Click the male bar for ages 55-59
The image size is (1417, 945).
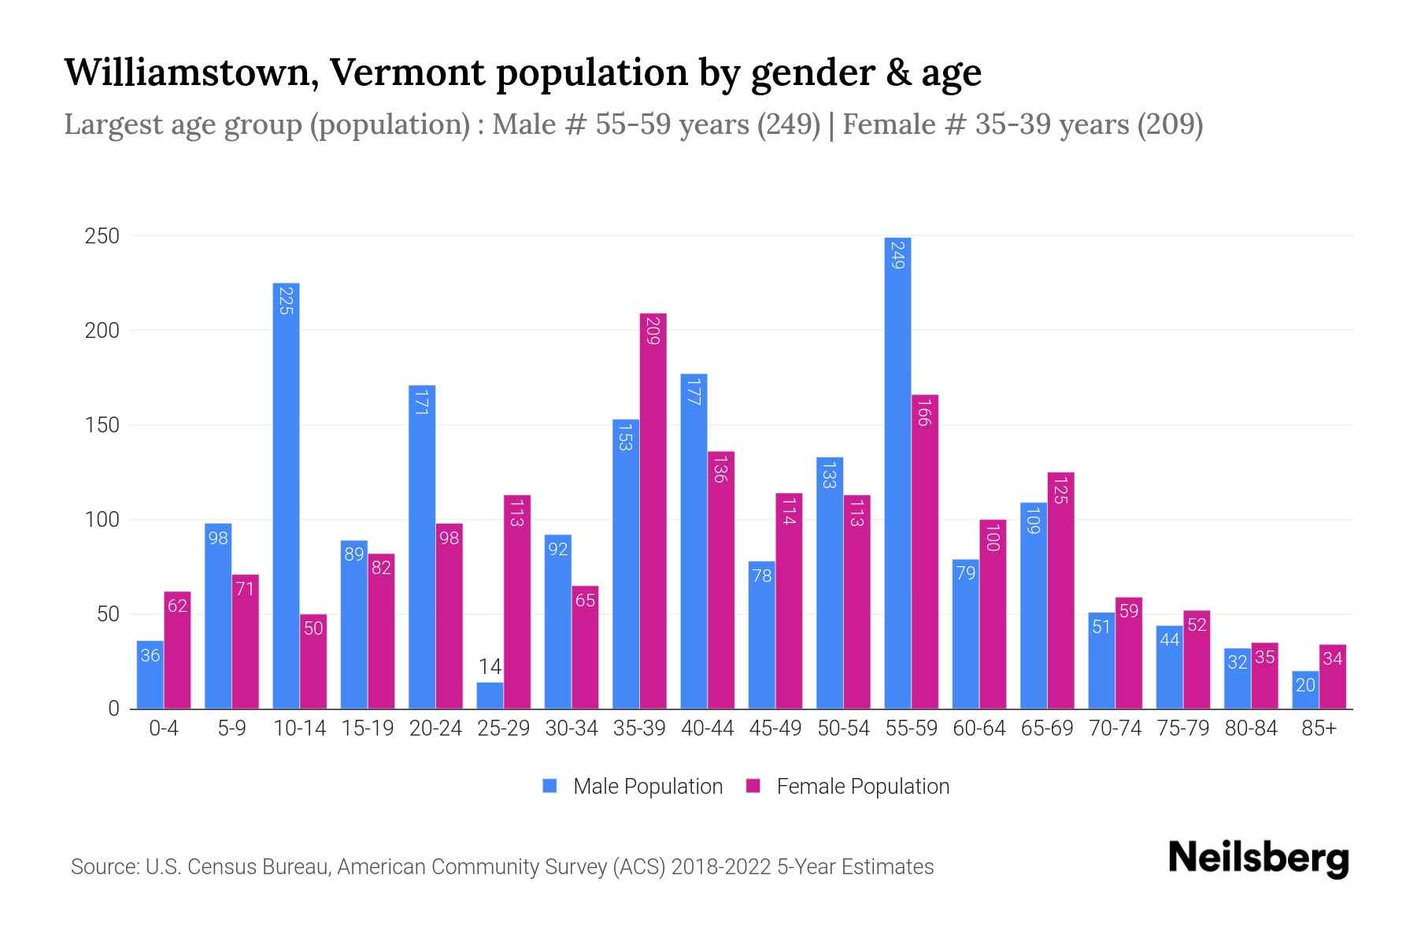tap(897, 472)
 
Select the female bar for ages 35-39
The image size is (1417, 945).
tap(653, 512)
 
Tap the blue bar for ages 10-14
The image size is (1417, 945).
tap(286, 496)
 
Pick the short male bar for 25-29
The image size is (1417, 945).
tap(490, 695)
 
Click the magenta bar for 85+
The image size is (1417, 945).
tap(1333, 677)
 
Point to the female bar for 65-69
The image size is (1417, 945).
tap(1060, 591)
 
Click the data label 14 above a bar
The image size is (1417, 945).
tap(490, 667)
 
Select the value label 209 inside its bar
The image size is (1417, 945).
tap(653, 331)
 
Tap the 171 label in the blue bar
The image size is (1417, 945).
tap(422, 402)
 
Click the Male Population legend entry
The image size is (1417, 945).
tap(633, 787)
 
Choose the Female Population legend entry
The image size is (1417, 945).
tap(848, 787)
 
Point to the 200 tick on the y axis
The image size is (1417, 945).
tap(102, 331)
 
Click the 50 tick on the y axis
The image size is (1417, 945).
tap(108, 614)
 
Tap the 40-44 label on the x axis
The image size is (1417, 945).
tap(707, 728)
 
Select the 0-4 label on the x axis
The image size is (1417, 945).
tap(164, 728)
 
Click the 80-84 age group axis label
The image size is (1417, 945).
tap(1251, 728)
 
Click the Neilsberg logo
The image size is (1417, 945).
tap(1258, 858)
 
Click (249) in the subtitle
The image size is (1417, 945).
tap(789, 124)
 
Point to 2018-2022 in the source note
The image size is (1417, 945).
tap(721, 867)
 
